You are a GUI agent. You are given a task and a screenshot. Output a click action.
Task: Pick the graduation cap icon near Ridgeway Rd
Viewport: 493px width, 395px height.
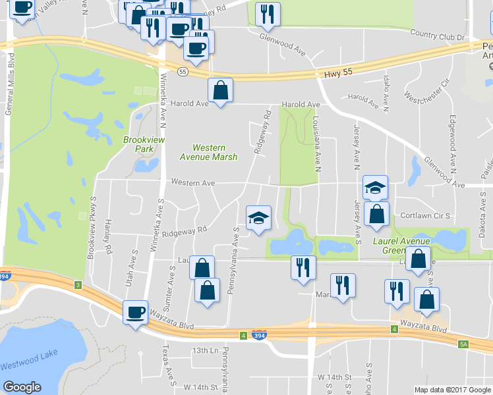click(x=258, y=217)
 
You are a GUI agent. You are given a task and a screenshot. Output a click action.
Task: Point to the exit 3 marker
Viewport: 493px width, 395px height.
click(x=78, y=284)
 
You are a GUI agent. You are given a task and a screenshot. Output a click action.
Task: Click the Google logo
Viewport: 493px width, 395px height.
click(x=22, y=387)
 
